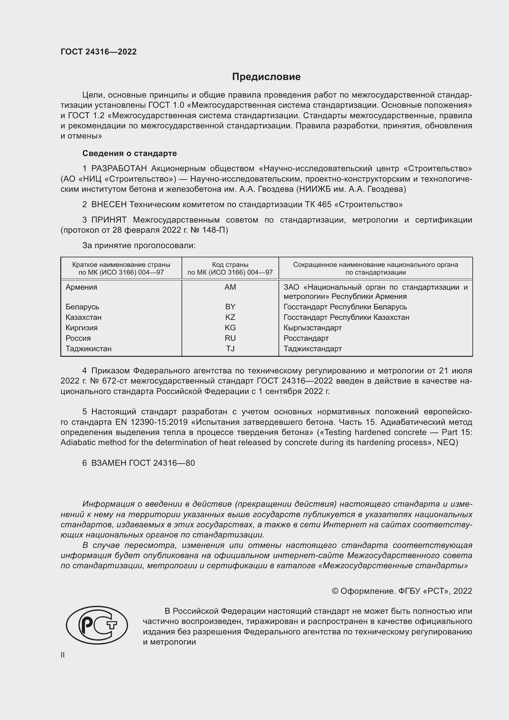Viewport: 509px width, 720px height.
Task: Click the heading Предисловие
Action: coord(266,77)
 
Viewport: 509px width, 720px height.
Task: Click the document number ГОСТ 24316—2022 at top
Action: coord(98,52)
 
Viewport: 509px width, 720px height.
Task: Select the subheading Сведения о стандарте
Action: coord(130,153)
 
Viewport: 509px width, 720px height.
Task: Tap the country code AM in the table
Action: coord(230,287)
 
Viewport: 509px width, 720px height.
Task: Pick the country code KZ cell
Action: coord(230,317)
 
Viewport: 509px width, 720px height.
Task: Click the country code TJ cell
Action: coord(230,348)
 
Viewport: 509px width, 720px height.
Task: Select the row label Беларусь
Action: coord(82,307)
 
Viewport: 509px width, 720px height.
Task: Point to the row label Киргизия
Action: coord(82,328)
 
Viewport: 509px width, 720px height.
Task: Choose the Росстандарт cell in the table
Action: coord(306,338)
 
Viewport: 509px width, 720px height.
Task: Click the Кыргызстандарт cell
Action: coord(312,328)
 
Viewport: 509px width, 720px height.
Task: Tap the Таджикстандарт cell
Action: coord(312,348)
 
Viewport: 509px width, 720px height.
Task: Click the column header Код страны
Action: coord(230,264)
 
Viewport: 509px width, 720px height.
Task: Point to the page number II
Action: coord(63,655)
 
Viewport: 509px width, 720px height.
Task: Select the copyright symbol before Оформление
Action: coord(335,591)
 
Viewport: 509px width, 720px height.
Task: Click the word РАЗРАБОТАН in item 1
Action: coord(119,169)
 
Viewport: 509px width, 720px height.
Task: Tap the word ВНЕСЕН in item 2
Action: coord(109,204)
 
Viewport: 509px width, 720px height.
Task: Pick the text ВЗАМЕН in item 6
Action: coord(108,463)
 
